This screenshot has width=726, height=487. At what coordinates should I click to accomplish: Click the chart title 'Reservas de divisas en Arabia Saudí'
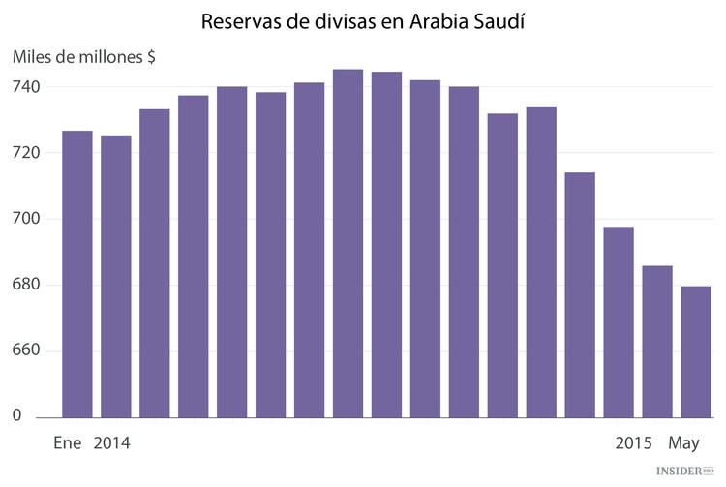pos(363,20)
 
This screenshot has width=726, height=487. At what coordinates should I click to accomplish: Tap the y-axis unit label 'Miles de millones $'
pos(84,57)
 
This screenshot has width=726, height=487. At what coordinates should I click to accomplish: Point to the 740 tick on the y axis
pos(26,87)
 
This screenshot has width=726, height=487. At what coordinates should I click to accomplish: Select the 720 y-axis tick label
pos(26,153)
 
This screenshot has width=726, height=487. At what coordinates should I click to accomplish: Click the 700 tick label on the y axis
pos(26,219)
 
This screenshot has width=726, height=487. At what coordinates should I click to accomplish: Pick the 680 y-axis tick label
pos(26,285)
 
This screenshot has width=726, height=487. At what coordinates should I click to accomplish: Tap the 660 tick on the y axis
pos(26,350)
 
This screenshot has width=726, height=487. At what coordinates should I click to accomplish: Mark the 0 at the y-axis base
pos(16,416)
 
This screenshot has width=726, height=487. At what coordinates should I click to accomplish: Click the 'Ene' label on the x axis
pos(68,444)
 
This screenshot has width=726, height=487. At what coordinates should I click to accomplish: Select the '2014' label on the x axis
pos(112,444)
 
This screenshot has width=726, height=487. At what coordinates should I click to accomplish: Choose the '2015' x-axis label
pos(634,444)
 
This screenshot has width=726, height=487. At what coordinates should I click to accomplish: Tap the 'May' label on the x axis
pos(683,444)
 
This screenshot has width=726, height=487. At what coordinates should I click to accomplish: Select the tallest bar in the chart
pos(348,243)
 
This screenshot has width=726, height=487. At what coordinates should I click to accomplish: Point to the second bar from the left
pos(116,276)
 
